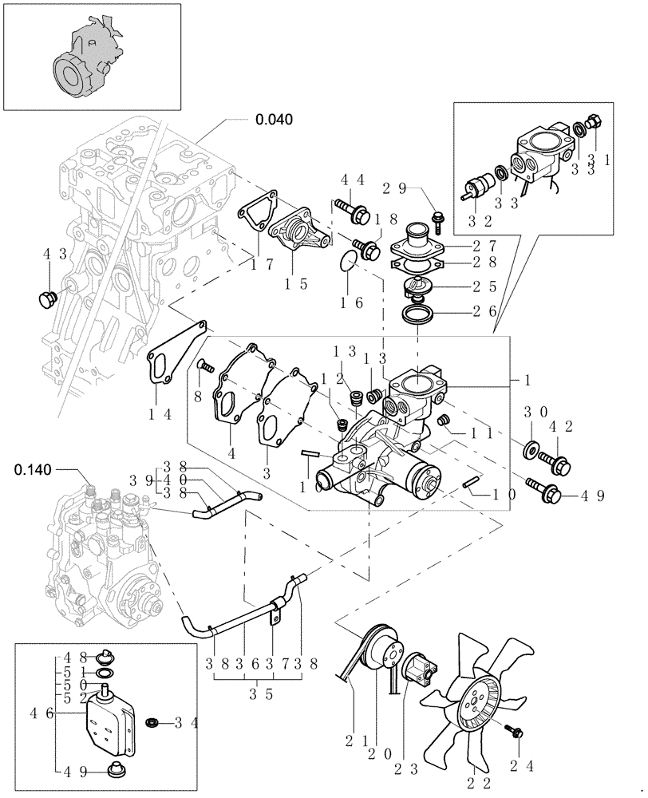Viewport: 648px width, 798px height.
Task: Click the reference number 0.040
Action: pyautogui.click(x=274, y=120)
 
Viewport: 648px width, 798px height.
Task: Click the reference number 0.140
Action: pyautogui.click(x=34, y=469)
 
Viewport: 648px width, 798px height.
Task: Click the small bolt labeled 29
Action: pyautogui.click(x=437, y=216)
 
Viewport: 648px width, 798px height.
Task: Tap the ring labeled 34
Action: pyautogui.click(x=152, y=722)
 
